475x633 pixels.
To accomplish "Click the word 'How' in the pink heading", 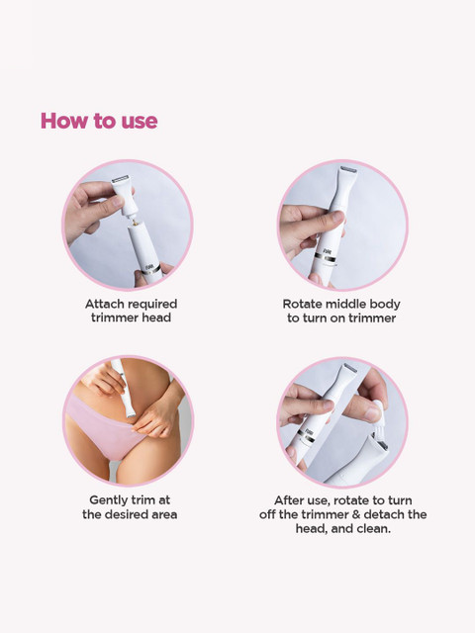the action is [63, 121].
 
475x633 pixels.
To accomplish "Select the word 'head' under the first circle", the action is [156, 317].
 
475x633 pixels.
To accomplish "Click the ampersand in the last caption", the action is [356, 514].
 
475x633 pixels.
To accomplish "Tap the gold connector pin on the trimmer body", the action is [135, 223].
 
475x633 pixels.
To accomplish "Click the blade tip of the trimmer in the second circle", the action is [348, 170].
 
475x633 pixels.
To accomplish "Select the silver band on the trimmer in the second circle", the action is [325, 257].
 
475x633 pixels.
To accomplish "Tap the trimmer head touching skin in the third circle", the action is [130, 412].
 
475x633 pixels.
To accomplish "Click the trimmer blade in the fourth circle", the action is [350, 368].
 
